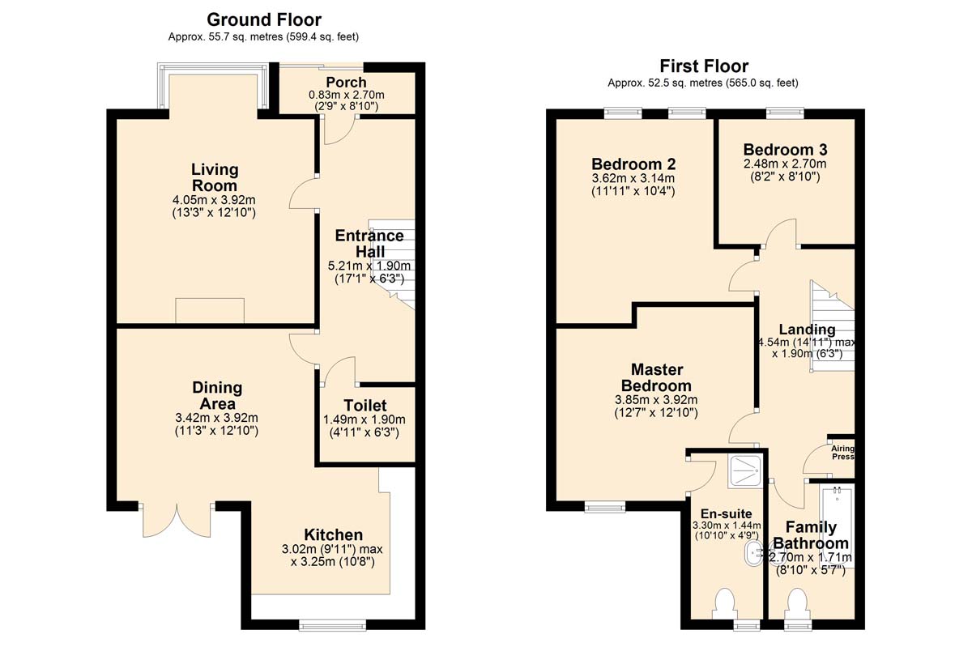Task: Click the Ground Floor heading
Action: [x=264, y=20]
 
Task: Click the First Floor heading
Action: [x=704, y=66]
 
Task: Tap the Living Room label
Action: [x=215, y=177]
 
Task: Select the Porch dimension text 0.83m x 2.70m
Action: [x=347, y=95]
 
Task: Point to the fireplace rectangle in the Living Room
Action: [x=210, y=310]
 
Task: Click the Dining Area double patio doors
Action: [x=177, y=520]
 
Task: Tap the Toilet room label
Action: [x=365, y=406]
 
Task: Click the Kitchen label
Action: [x=333, y=534]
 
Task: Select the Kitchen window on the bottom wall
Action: [x=332, y=625]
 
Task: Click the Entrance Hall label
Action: [x=369, y=244]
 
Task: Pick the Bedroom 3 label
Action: [x=785, y=150]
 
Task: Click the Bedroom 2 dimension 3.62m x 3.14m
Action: [x=633, y=178]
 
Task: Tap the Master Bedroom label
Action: [x=656, y=377]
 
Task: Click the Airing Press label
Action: [x=842, y=453]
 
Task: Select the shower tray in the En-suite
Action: [x=745, y=470]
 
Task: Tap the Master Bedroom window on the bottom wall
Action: [x=605, y=507]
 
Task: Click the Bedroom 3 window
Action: [x=785, y=113]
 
